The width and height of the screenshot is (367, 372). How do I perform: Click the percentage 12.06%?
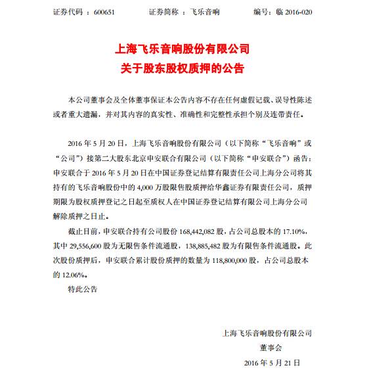coord(61,273)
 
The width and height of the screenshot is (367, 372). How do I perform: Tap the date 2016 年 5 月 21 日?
coord(271,362)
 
